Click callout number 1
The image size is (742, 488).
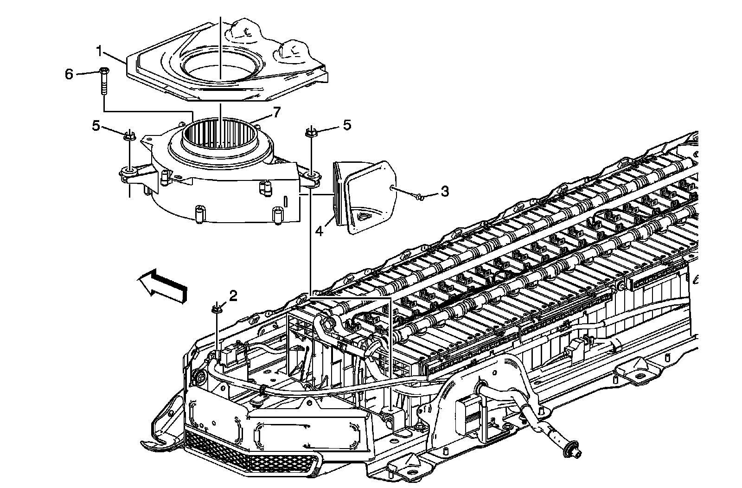click(99, 51)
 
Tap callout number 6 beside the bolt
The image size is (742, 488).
click(69, 74)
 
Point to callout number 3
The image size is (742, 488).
click(444, 191)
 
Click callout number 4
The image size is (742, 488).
click(320, 230)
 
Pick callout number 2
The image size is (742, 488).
click(233, 295)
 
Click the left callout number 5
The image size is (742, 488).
click(96, 126)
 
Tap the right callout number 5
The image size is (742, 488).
click(347, 125)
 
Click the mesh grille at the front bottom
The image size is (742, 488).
click(250, 457)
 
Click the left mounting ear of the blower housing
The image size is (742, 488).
click(128, 173)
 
